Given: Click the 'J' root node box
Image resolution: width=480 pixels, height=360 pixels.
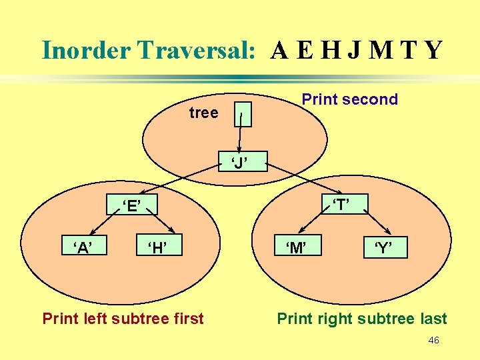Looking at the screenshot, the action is pos(239,161).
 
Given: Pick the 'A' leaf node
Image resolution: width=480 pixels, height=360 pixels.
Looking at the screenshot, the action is pos(83,249).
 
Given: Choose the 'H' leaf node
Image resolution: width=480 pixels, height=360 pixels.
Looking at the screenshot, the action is pos(157,249).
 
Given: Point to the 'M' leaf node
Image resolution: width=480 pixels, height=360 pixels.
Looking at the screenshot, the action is pos(296,249).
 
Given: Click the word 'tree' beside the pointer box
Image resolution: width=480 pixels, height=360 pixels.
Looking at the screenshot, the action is pos(203,113).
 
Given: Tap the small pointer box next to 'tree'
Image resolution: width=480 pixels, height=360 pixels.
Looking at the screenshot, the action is pos(244,115).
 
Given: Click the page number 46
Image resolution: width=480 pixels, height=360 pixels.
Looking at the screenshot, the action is pos(433,341).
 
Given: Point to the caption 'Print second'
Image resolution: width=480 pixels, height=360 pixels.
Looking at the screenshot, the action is pos(349,100).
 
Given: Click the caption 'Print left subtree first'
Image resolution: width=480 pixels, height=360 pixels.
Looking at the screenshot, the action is pos(123,319).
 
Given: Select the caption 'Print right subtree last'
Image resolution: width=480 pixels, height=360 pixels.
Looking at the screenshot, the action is pos(362,319).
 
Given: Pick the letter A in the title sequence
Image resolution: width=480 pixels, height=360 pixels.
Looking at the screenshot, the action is pos(281,50).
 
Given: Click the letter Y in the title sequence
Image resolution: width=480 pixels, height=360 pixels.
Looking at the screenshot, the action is pos(433,50).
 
